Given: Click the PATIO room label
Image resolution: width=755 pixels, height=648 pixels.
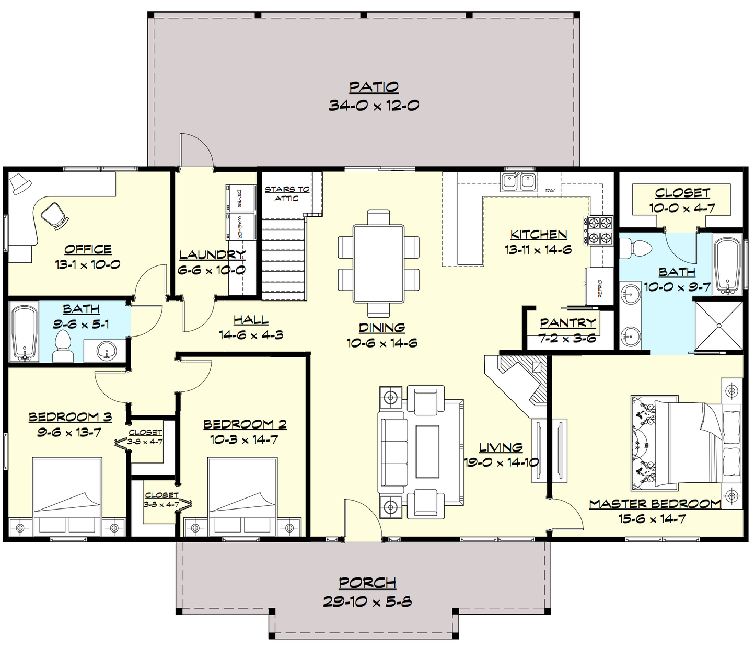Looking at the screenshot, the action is [x=374, y=88].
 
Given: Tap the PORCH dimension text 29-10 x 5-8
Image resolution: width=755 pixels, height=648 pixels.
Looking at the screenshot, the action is [x=367, y=601].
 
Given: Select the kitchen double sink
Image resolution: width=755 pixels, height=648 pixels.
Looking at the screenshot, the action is [x=518, y=181].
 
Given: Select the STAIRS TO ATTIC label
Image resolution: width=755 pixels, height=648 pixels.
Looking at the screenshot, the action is [x=287, y=193].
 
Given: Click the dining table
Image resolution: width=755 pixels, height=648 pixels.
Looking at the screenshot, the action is [x=378, y=264].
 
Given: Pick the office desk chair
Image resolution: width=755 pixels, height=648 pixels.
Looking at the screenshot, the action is [x=54, y=216].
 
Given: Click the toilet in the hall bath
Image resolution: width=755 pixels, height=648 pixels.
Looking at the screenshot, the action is [x=63, y=346].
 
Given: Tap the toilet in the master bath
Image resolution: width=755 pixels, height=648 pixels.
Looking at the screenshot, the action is [x=636, y=248].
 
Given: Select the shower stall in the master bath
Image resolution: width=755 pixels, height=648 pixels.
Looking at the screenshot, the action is [x=718, y=326].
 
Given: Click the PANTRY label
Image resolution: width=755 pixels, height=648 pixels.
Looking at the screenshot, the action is [x=568, y=322].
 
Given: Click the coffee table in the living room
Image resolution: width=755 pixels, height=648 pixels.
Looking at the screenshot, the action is [x=428, y=452].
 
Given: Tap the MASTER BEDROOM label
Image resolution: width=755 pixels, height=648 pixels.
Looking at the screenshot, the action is [x=655, y=504].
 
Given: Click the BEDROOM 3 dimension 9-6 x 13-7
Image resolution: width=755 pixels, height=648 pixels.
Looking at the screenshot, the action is [x=69, y=433].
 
